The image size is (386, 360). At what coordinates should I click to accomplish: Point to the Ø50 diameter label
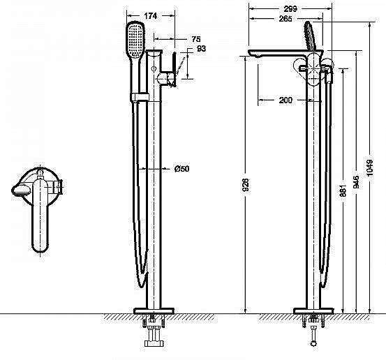[x=181, y=168]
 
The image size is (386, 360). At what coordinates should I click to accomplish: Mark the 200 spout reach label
[x=285, y=100]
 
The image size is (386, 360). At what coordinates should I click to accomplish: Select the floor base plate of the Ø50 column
[x=154, y=310]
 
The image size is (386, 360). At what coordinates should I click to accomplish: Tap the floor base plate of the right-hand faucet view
[x=318, y=310]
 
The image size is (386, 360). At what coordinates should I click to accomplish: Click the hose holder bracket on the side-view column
[x=139, y=96]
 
